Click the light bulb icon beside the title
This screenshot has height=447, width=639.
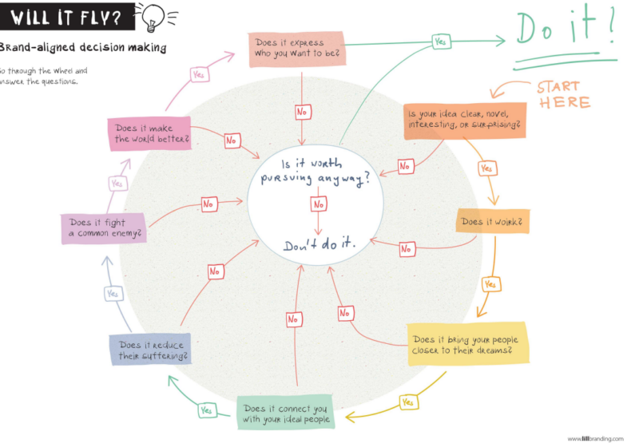click(153, 17)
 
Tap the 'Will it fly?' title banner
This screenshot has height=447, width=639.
click(67, 17)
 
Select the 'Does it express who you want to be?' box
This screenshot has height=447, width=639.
click(297, 49)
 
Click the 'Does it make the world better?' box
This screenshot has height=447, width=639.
click(149, 133)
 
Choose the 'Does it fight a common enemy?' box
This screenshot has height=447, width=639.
click(104, 228)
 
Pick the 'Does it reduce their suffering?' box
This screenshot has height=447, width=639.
click(150, 350)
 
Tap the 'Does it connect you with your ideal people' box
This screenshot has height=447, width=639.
click(286, 412)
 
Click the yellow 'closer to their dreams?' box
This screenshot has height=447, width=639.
click(468, 344)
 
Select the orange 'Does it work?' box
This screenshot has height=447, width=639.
click(492, 221)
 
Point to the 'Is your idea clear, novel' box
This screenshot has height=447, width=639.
click(465, 121)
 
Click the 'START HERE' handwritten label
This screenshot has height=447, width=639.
click(564, 94)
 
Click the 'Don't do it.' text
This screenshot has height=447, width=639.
click(319, 244)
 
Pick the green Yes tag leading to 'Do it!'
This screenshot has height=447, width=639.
click(441, 42)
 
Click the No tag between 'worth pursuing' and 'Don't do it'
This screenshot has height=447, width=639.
click(318, 204)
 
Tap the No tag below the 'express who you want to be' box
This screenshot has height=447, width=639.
click(303, 112)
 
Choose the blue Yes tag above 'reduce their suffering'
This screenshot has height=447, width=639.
click(113, 293)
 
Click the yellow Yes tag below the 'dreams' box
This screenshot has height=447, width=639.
click(408, 402)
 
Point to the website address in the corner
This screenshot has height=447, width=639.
click(595, 438)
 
